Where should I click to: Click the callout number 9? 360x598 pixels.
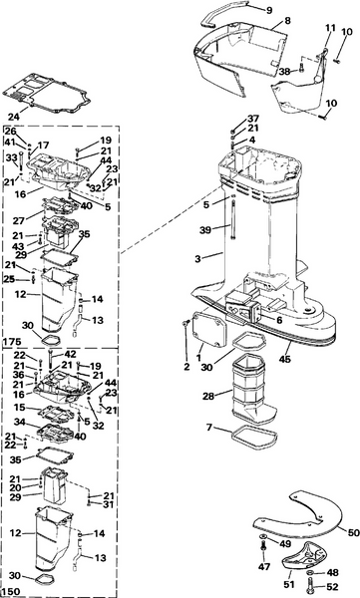pos(269,10)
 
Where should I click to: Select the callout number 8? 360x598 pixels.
pos(287,21)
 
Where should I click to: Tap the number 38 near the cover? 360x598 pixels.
pos(284,71)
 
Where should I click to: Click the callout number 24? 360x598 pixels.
pos(15,117)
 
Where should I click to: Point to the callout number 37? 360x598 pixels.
pos(253,119)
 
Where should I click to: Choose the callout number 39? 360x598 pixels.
pos(205,230)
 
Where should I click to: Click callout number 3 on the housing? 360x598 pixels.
pos(197,259)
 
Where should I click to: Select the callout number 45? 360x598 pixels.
pos(284,359)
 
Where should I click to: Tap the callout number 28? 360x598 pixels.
pos(208,397)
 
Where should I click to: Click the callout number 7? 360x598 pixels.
pos(209,428)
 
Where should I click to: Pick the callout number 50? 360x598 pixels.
pos(353,532)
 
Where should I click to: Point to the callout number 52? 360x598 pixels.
pos(332,587)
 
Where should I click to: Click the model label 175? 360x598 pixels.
pos(12,342)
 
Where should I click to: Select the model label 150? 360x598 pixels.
pos(12,592)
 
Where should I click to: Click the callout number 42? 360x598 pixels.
pos(70,354)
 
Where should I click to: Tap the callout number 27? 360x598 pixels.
pos(19,220)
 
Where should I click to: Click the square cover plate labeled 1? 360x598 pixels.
pos(208,329)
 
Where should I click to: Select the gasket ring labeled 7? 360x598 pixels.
pos(254,436)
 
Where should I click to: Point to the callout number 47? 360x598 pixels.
pos(264,567)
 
